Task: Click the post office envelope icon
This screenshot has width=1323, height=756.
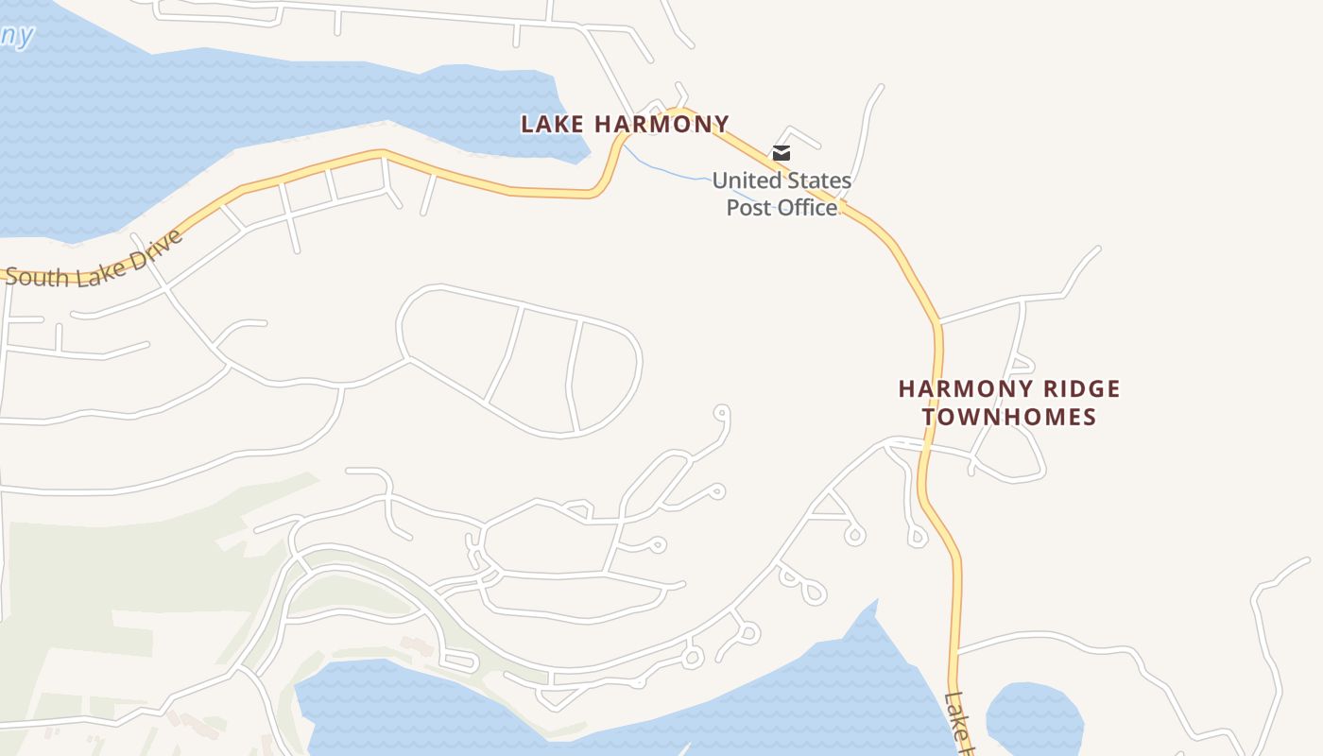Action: point(782,152)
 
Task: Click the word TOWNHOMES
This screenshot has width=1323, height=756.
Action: point(1009,417)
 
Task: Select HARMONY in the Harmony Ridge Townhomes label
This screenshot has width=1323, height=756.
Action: point(956,388)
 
